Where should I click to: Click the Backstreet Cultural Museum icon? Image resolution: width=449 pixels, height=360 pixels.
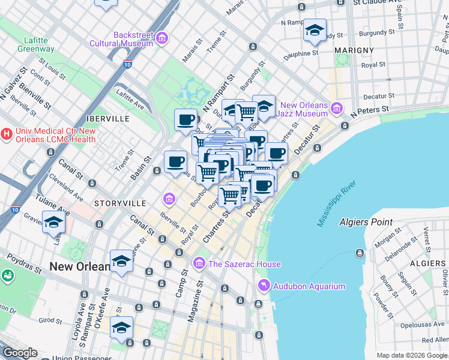pyautogui.click(x=161, y=38)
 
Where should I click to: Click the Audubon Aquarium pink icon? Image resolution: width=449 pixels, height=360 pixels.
pyautogui.click(x=263, y=286)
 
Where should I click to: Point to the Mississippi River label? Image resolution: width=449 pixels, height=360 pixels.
pyautogui.click(x=337, y=201)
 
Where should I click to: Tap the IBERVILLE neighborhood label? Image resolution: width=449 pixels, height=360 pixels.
pyautogui.click(x=107, y=119)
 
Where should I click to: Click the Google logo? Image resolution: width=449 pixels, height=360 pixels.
pyautogui.click(x=19, y=353)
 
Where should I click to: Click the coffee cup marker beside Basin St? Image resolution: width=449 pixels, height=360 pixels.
pyautogui.click(x=175, y=161)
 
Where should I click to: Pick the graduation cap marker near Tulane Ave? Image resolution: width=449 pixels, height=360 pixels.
pyautogui.click(x=53, y=222)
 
